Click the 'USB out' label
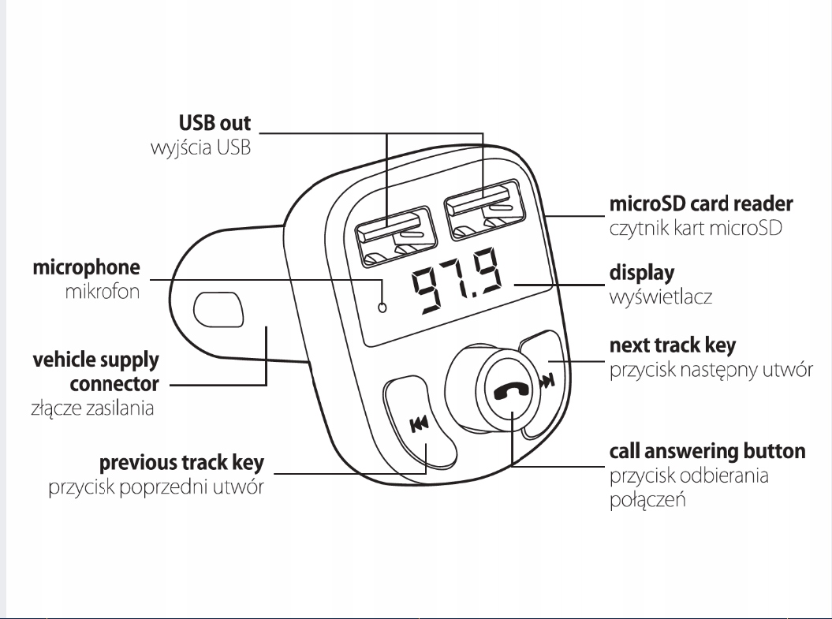coord(215,123)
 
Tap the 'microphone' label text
coord(87,268)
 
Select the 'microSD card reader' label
coord(701,203)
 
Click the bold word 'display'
coord(641,273)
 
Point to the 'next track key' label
coord(672,346)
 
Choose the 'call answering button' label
coord(707,451)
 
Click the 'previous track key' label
coord(181,463)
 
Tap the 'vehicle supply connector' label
coord(96,372)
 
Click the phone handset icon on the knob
coord(512,392)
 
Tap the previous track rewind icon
coord(420,424)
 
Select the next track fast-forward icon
coord(547,381)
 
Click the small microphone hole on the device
coord(382,307)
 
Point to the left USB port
coord(397,237)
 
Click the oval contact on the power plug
coord(218,309)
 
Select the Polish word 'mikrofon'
coord(103,292)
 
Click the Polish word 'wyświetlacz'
coord(661,297)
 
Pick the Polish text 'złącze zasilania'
coord(92,408)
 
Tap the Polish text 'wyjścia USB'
coord(200,147)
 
